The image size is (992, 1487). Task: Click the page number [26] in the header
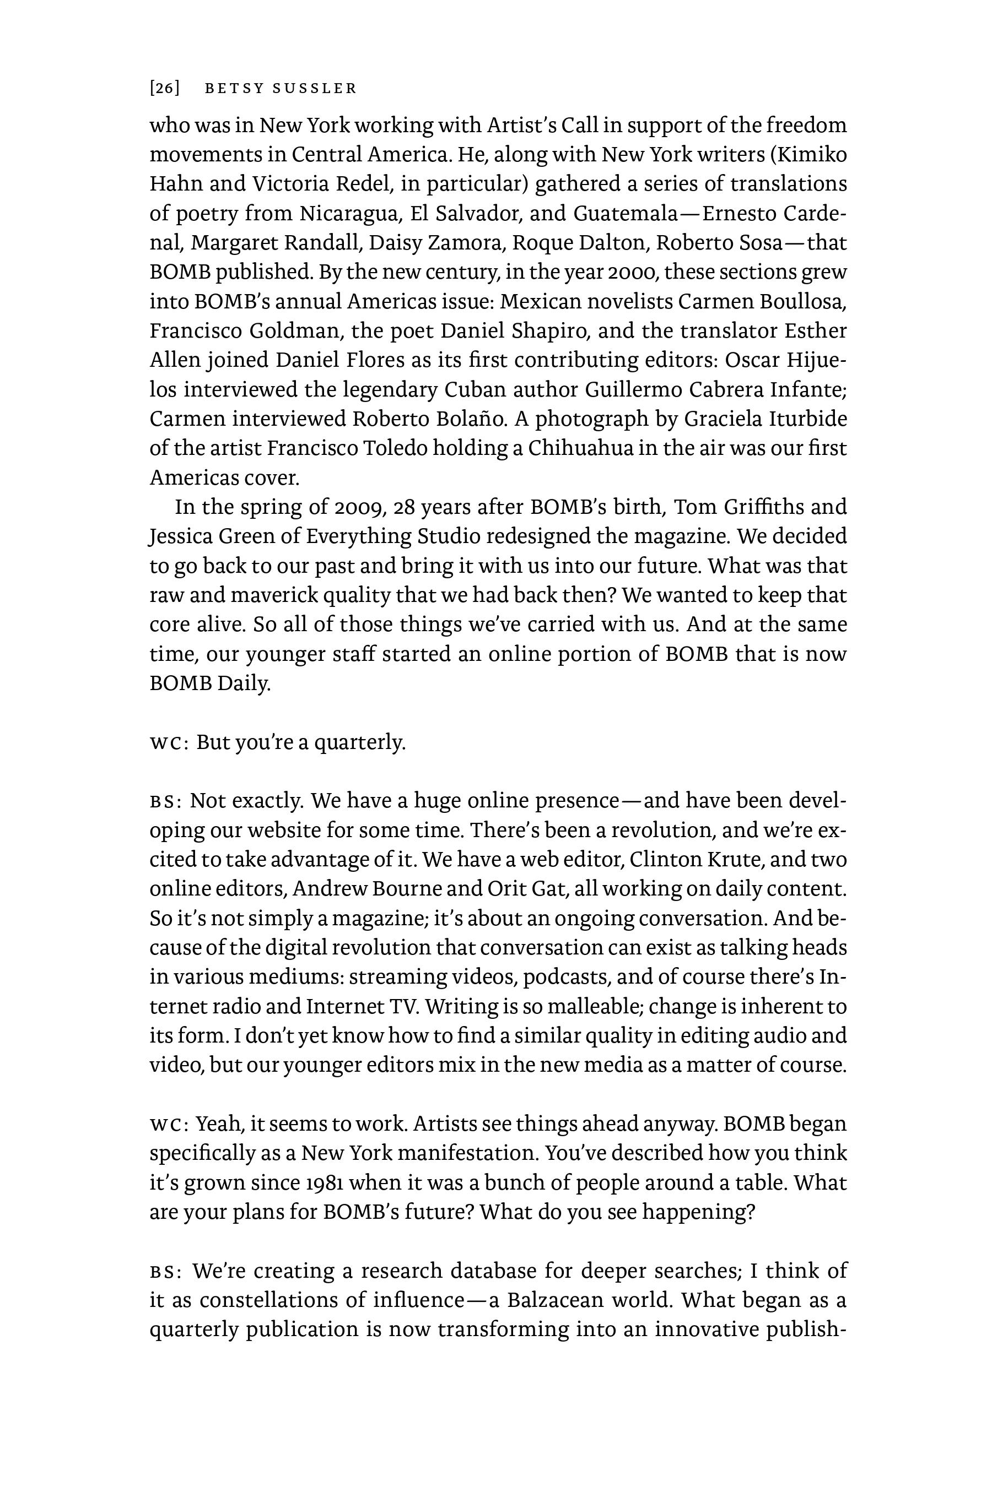click(164, 89)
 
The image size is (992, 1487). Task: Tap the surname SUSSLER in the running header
click(315, 89)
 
